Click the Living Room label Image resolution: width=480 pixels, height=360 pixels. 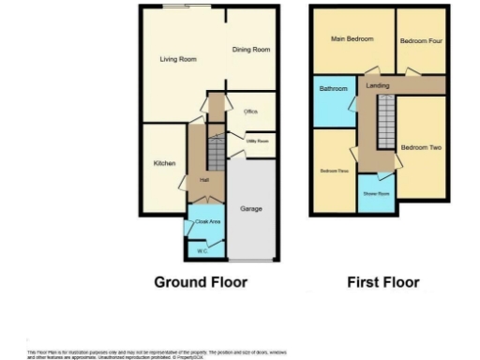[x=177, y=60]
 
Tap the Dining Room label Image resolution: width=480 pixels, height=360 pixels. [x=251, y=50]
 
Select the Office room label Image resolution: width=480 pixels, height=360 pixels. [x=250, y=112]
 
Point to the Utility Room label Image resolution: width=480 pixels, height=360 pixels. [x=257, y=142]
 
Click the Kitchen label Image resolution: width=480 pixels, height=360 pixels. [x=165, y=163]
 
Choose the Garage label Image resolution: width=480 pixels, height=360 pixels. [x=250, y=207]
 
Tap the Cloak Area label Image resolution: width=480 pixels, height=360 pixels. [x=207, y=221]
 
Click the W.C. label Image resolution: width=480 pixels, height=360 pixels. [x=202, y=251]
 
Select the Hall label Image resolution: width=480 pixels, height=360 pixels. [x=204, y=180]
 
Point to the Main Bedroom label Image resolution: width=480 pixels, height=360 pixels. [x=352, y=39]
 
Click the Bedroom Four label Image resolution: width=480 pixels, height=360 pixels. [x=421, y=41]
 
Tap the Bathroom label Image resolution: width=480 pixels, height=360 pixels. [x=333, y=89]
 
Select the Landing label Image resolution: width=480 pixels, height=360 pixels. [x=378, y=86]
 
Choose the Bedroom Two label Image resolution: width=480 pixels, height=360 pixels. [x=421, y=148]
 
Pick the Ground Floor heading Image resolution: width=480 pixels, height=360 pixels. [x=201, y=281]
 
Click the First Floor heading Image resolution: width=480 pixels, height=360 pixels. [x=382, y=281]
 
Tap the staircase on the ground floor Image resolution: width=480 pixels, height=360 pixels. [x=216, y=149]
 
